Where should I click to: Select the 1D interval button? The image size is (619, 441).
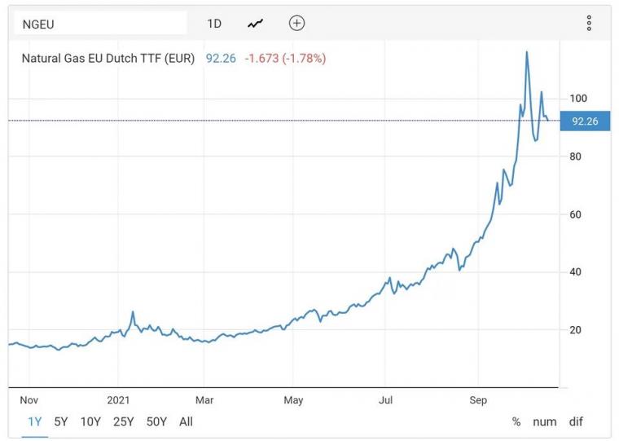214,24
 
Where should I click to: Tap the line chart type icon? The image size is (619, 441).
256,24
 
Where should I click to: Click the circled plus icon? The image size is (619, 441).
297,24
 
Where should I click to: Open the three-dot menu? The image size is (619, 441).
589,24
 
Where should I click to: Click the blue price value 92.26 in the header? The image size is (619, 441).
221,59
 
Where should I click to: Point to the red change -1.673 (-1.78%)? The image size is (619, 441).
285,59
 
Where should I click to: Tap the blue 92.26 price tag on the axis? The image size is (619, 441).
585,121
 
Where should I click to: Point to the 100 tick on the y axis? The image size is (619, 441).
578,99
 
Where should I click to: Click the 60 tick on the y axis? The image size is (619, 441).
575,214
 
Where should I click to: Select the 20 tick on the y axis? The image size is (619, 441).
575,330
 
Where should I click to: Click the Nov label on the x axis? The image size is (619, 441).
29,400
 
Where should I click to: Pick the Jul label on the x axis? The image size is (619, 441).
386,400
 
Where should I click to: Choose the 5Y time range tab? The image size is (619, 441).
61,421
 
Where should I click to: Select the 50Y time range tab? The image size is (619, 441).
156,421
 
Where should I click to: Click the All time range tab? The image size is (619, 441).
186,421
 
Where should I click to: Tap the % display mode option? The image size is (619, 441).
516,421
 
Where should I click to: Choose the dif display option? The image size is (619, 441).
576,421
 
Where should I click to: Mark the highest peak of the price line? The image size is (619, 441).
527,52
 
